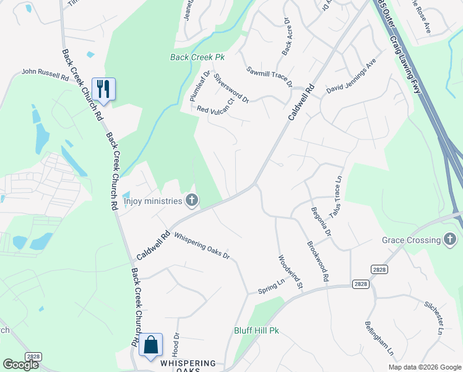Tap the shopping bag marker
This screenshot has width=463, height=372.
[150, 345]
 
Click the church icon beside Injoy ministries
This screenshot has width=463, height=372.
[192, 200]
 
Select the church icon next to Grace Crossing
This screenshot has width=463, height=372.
[451, 240]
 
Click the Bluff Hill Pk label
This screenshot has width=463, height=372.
[256, 330]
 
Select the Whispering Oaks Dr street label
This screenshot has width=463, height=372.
[202, 246]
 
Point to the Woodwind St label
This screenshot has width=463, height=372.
[289, 273]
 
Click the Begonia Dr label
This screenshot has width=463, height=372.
[321, 221]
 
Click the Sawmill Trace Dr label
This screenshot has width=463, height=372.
[269, 77]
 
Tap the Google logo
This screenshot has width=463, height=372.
[20, 364]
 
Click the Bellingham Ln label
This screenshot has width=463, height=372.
[379, 339]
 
